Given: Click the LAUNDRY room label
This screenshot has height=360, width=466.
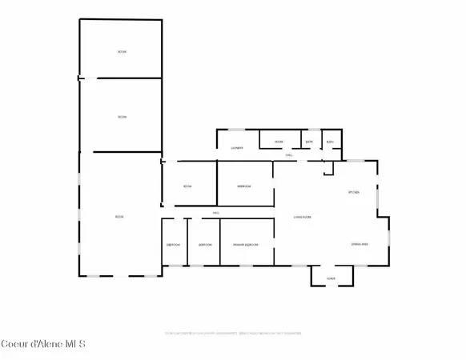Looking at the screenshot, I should [237, 148].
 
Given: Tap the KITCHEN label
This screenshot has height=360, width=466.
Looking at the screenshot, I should [353, 193].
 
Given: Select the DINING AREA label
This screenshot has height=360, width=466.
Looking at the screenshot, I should [360, 243].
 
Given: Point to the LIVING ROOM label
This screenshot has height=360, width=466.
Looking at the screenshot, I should [302, 217].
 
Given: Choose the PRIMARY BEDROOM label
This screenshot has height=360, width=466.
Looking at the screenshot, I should [245, 244].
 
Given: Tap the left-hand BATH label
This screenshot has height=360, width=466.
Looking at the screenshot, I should [308, 142].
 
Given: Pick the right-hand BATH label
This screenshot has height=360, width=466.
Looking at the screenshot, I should [331, 142].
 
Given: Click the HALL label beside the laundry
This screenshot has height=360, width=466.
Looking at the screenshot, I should [289, 156].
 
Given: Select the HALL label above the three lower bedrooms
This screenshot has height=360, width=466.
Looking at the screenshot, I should [216, 213].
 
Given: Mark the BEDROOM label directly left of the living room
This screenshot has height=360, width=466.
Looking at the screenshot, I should [244, 186].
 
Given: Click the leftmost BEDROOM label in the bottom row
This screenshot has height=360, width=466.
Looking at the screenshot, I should [173, 244].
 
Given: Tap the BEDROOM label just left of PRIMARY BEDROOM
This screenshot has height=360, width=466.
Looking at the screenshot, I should [205, 244].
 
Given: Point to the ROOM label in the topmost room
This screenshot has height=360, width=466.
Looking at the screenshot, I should [122, 52].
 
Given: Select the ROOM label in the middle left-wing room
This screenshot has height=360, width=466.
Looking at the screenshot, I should [122, 118].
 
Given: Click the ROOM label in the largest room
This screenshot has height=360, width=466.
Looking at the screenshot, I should [119, 217].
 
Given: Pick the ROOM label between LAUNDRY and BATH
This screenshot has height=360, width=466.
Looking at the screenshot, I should [279, 142].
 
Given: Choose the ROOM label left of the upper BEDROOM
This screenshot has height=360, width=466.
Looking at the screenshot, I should [187, 186].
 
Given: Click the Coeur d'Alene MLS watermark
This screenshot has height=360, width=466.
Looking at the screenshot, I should [44, 344].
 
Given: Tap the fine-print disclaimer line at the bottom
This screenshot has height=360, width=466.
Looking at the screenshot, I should [232, 331].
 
